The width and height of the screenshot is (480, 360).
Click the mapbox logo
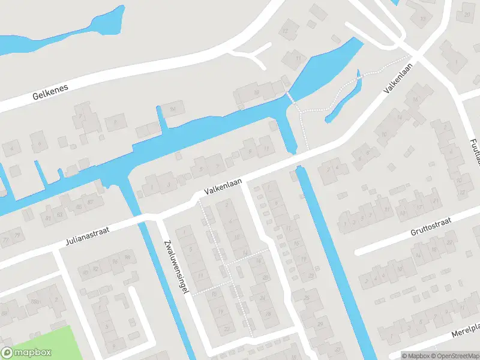tap(26, 353)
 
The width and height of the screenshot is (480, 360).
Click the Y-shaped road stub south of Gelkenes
tap(255, 55)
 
